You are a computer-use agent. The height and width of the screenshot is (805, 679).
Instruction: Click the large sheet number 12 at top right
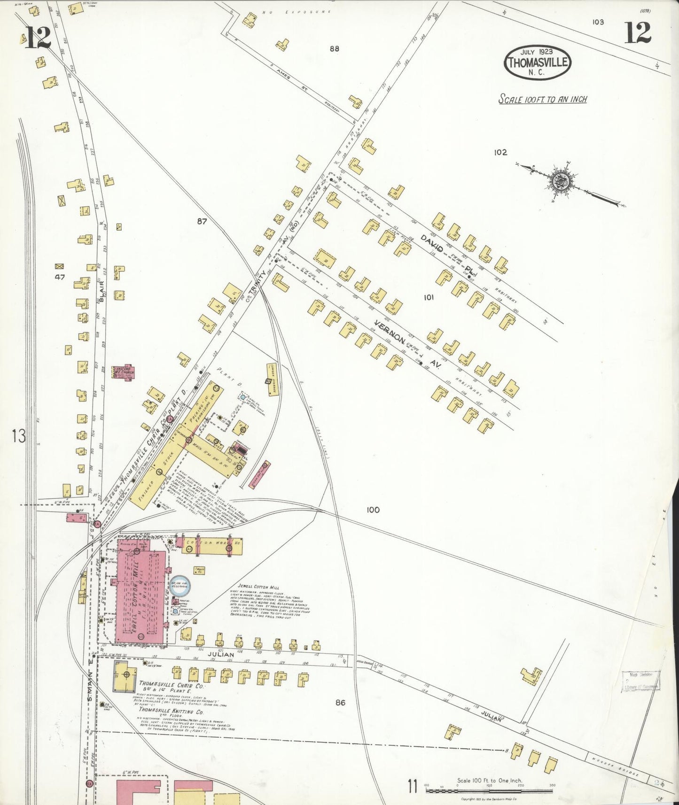[x=637, y=33]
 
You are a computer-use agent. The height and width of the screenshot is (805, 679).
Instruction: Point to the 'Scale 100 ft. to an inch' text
[x=542, y=99]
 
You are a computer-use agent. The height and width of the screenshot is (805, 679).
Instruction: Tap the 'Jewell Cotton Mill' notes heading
[x=252, y=587]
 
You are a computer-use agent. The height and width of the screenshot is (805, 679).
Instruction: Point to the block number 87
[x=202, y=221]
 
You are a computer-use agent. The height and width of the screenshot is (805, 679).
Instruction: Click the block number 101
[x=428, y=297]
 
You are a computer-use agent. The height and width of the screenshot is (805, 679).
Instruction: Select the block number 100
[x=373, y=510]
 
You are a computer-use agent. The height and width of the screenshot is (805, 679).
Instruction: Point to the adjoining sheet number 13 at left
[x=19, y=436]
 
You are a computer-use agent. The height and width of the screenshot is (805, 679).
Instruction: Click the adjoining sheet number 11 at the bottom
[x=413, y=786]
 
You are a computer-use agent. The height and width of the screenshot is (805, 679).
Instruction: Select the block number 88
[x=334, y=48]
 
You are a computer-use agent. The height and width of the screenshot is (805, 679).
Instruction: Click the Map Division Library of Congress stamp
[x=641, y=681]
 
